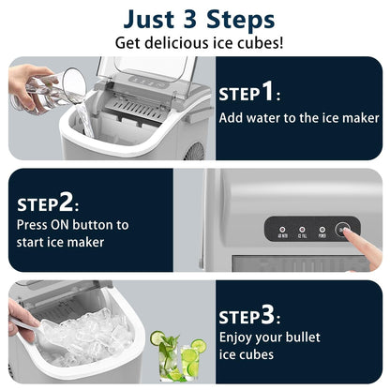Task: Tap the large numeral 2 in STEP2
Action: [x=67, y=202]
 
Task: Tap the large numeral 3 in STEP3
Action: [x=267, y=314]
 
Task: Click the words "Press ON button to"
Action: [x=73, y=225]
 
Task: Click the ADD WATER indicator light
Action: [x=282, y=229]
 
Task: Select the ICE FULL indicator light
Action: [x=302, y=229]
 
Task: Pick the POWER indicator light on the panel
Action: [x=322, y=229]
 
